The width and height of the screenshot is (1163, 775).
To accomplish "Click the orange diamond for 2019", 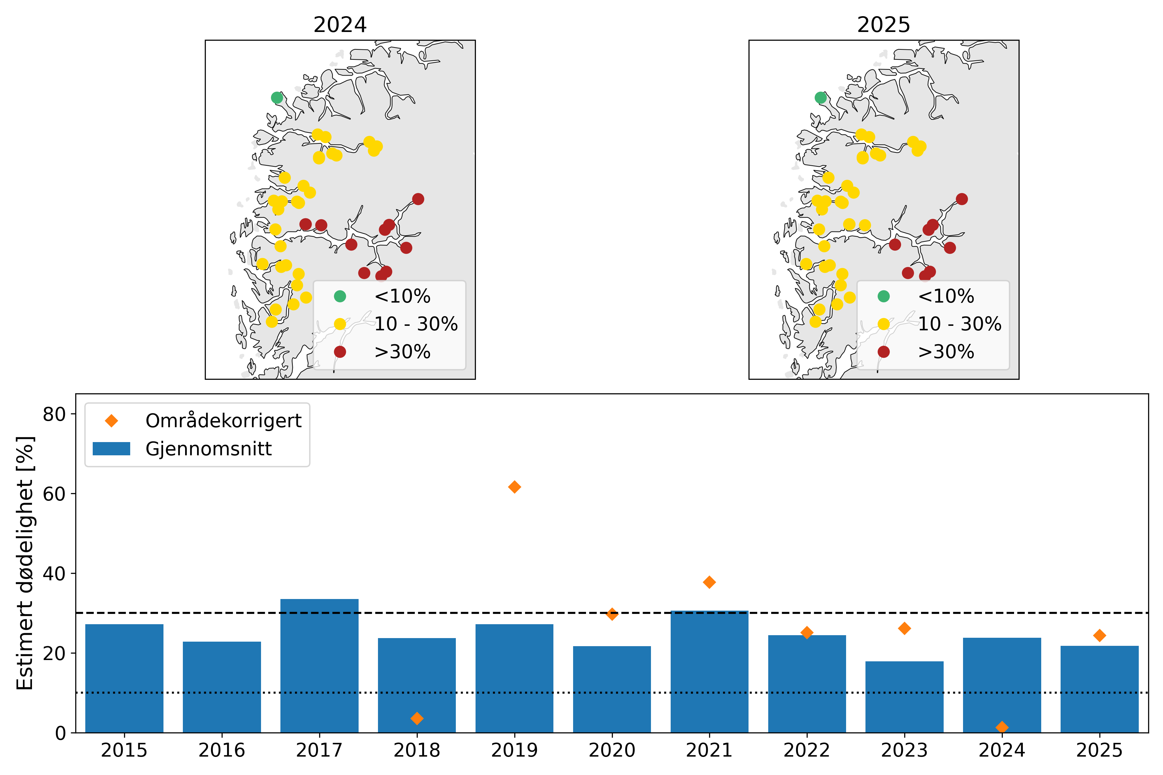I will coord(514,487).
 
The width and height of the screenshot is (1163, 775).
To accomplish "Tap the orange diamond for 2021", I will coord(709,582).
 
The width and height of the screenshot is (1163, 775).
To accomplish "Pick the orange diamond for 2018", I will coord(417,718).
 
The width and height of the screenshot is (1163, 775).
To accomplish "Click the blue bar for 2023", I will coord(904,697).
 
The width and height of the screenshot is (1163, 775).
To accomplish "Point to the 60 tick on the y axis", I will coord(54,494).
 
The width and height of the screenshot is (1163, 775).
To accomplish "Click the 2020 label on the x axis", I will coord(612,750).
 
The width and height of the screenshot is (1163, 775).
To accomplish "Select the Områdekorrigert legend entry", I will coord(223,421).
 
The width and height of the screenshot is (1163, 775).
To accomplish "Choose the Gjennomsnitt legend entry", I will coord(208,449).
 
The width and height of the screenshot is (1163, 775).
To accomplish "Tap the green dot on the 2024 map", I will coord(277,98).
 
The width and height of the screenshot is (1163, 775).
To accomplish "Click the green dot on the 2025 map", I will coord(820,98).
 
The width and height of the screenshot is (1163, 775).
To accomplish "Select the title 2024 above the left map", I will coord(340,25).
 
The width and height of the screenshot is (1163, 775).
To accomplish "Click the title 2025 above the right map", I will coord(883,25).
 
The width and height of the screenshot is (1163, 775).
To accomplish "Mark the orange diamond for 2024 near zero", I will coord(1002,727).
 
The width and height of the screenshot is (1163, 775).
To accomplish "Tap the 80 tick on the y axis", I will coord(54,414).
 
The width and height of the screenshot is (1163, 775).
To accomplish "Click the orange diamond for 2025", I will coord(1099,635).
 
